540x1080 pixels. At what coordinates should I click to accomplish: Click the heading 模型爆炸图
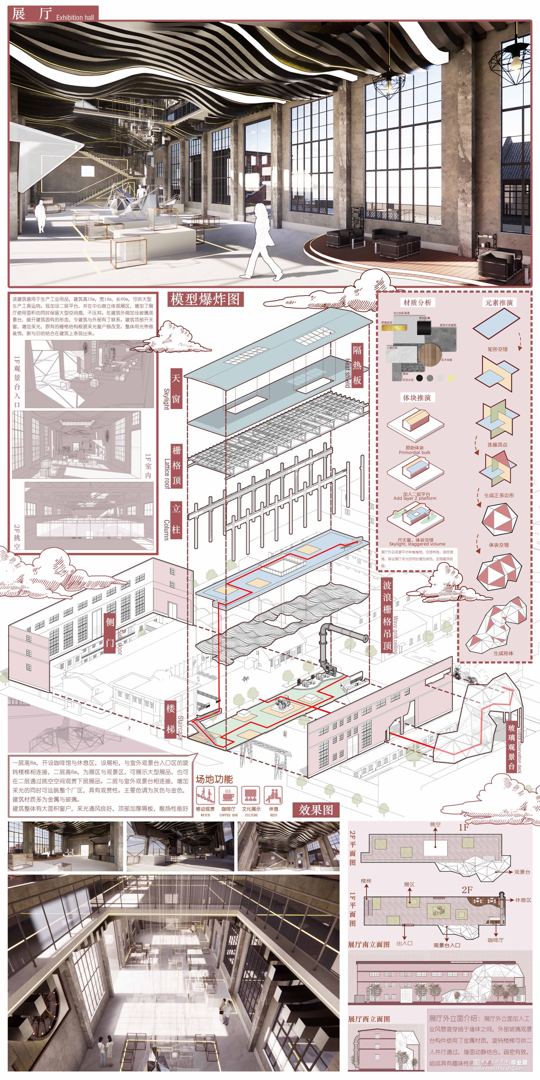[205, 299]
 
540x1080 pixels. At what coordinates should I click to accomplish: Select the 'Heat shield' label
[347, 373]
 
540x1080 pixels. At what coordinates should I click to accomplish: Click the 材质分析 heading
[417, 302]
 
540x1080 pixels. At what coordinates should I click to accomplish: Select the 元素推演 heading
[499, 302]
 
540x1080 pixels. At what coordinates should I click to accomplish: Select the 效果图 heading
[316, 810]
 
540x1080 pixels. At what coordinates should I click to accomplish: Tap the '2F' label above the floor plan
[467, 890]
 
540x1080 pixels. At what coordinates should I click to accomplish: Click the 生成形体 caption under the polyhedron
[503, 653]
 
